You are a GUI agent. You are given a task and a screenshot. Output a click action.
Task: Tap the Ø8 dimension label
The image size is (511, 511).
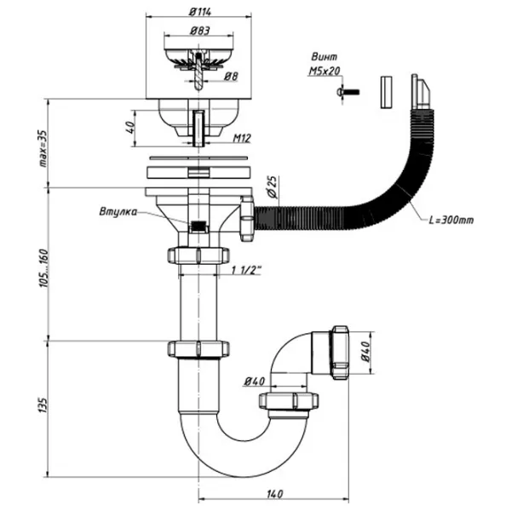pos(230,77)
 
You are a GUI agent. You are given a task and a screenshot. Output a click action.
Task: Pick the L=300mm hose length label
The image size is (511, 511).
pos(451,220)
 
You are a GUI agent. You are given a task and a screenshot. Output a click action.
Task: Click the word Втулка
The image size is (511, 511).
pos(118,213)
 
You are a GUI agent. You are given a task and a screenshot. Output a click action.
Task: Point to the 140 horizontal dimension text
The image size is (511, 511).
pos(273,494)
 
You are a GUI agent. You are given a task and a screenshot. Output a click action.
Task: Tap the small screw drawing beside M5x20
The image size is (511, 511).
pos(347,89)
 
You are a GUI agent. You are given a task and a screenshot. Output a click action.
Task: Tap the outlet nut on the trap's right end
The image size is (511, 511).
pos(338,351)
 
